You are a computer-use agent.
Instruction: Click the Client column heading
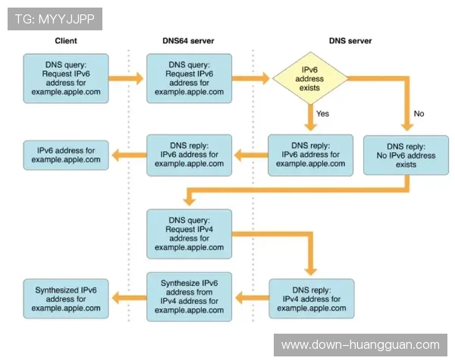[66, 41]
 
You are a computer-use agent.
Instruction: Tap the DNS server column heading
[350, 41]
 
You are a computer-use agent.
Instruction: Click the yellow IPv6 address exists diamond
[311, 78]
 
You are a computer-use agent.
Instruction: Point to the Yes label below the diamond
[323, 114]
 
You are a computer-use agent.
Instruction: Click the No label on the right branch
[419, 114]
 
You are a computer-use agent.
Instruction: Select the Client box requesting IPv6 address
[65, 78]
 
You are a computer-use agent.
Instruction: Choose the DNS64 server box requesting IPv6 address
[189, 78]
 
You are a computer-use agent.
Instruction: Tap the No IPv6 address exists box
[406, 155]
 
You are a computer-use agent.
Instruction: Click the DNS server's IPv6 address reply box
[311, 155]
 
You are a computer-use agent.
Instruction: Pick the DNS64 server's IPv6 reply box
[189, 155]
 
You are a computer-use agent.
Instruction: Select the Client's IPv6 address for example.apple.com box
[65, 155]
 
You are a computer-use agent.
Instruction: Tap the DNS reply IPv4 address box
[311, 298]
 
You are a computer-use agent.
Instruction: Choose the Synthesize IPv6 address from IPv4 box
[189, 296]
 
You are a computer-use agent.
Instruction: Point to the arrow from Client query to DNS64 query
[126, 78]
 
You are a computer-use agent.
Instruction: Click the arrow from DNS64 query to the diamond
[250, 78]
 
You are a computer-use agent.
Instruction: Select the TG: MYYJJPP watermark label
[55, 19]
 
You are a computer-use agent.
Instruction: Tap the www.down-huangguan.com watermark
[360, 344]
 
